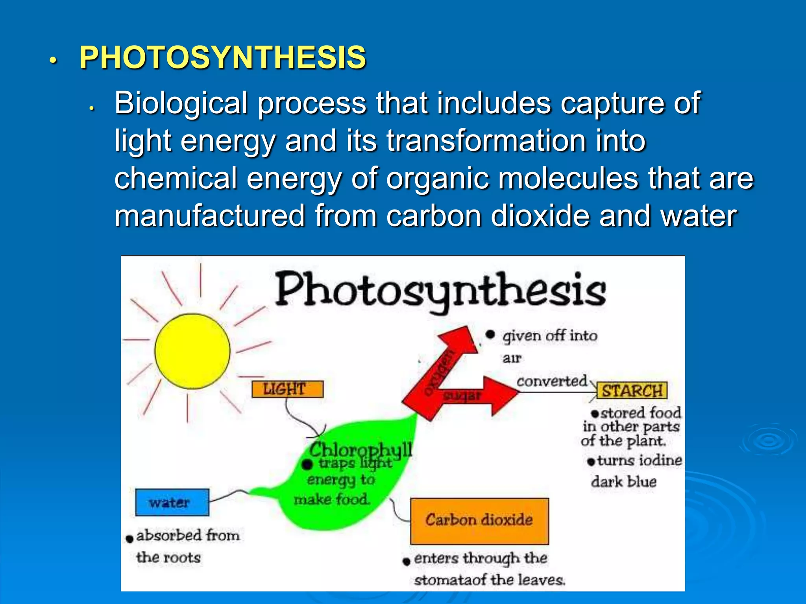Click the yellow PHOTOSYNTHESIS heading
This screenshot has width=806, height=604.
click(x=223, y=58)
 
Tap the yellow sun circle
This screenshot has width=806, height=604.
click(x=192, y=351)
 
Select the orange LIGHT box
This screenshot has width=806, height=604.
click(x=287, y=389)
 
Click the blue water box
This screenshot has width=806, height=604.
click(x=172, y=502)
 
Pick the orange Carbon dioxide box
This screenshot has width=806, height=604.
click(x=479, y=520)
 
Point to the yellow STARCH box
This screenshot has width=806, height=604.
click(x=632, y=391)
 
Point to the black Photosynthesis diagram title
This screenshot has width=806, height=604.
click(x=440, y=291)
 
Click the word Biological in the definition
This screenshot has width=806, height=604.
click(x=181, y=103)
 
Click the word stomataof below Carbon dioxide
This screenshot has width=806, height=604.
click(x=444, y=580)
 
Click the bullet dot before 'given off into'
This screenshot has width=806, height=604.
click(x=490, y=335)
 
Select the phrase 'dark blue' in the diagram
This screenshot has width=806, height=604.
click(x=624, y=482)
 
